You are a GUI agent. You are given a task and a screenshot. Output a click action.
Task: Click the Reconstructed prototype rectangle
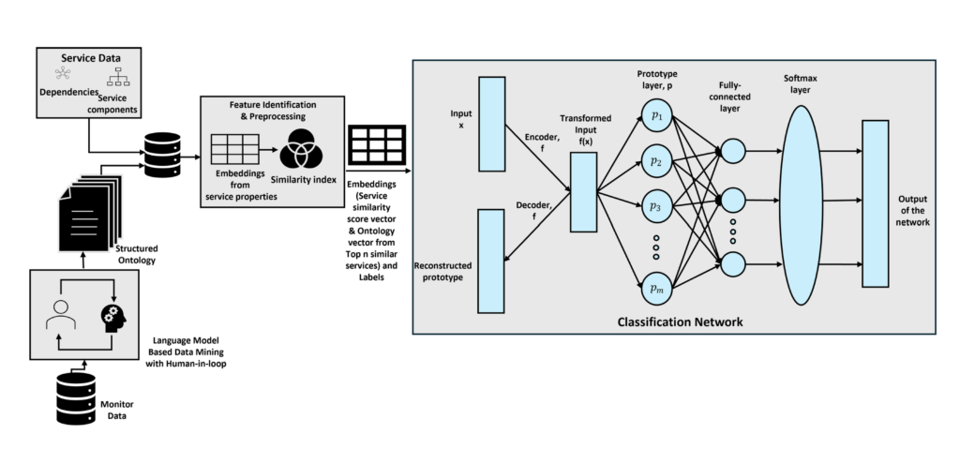(x=493, y=261)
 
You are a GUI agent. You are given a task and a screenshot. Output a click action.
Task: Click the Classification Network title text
(x=680, y=322)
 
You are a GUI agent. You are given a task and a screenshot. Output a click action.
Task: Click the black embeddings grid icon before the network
(x=376, y=145)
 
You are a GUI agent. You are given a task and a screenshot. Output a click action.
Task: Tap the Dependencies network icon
(x=59, y=76)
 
